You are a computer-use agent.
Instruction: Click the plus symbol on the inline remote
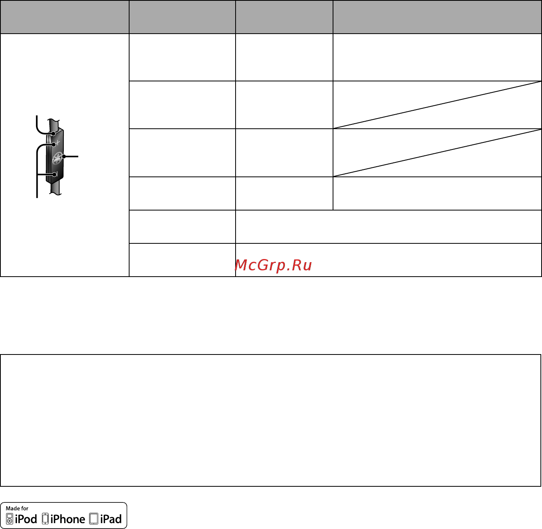(58, 142)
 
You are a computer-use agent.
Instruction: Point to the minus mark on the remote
(56, 175)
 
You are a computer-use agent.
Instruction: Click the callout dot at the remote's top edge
(53, 134)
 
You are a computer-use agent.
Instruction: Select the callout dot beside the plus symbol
(54, 144)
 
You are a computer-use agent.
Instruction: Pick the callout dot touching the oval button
(64, 157)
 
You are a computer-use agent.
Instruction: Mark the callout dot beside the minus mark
(54, 175)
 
